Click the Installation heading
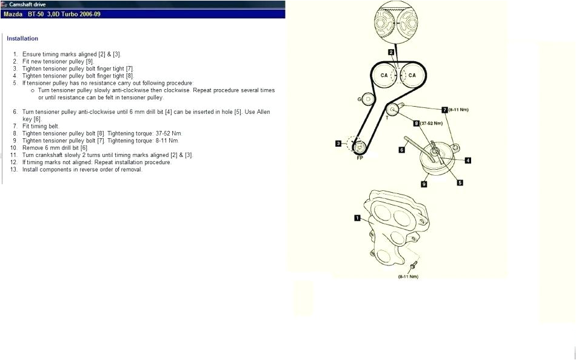tap(22, 39)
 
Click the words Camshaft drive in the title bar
tap(28, 4)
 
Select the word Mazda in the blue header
tap(13, 13)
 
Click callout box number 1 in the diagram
tap(358, 217)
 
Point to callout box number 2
tap(392, 52)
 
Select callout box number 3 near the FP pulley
tap(338, 144)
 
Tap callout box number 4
tap(468, 160)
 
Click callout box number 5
tap(460, 182)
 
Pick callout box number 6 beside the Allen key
tap(401, 149)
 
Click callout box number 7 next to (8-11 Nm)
tap(444, 110)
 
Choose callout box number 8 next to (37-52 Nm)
tap(417, 123)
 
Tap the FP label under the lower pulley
tap(360, 157)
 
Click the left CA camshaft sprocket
tap(384, 75)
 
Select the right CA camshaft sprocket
tap(412, 75)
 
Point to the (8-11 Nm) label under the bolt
tap(408, 276)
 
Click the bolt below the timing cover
tap(413, 265)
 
